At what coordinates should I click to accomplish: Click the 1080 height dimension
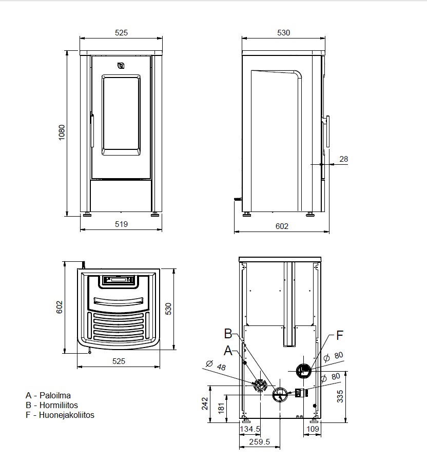(62, 132)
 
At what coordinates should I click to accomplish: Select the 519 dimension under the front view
(121, 224)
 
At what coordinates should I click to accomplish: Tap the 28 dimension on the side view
(344, 159)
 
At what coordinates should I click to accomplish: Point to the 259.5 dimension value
(260, 441)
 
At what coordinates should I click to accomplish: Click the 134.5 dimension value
(250, 429)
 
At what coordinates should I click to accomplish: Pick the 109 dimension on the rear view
(313, 429)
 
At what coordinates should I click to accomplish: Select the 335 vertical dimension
(340, 396)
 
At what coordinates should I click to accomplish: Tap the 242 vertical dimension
(205, 403)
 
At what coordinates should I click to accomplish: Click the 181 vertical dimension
(221, 409)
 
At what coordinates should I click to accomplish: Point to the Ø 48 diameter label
(216, 365)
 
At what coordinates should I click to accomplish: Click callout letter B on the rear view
(228, 334)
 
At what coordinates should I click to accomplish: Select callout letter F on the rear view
(340, 335)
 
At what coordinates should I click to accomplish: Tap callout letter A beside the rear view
(228, 351)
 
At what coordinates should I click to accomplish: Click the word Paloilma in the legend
(55, 395)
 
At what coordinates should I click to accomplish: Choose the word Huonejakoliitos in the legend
(67, 415)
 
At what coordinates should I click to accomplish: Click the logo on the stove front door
(121, 66)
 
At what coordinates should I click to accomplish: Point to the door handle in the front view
(92, 130)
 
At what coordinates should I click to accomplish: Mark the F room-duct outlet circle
(303, 371)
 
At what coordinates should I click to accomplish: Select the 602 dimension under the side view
(282, 226)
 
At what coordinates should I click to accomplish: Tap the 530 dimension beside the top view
(168, 309)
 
